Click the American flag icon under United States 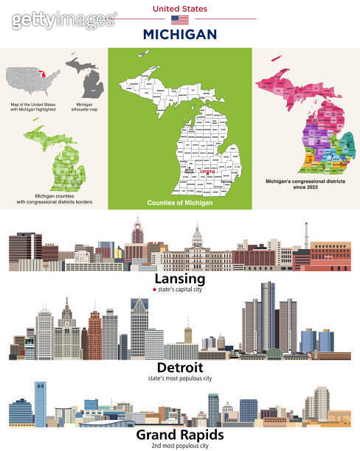click(180, 20)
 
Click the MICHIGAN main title click(180, 34)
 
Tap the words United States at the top click(180, 8)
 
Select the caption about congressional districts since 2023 click(305, 181)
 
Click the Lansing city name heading click(179, 279)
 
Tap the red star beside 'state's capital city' click(153, 290)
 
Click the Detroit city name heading click(180, 366)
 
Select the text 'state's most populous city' click(180, 377)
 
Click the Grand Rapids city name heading click(180, 436)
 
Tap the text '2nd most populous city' click(180, 446)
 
